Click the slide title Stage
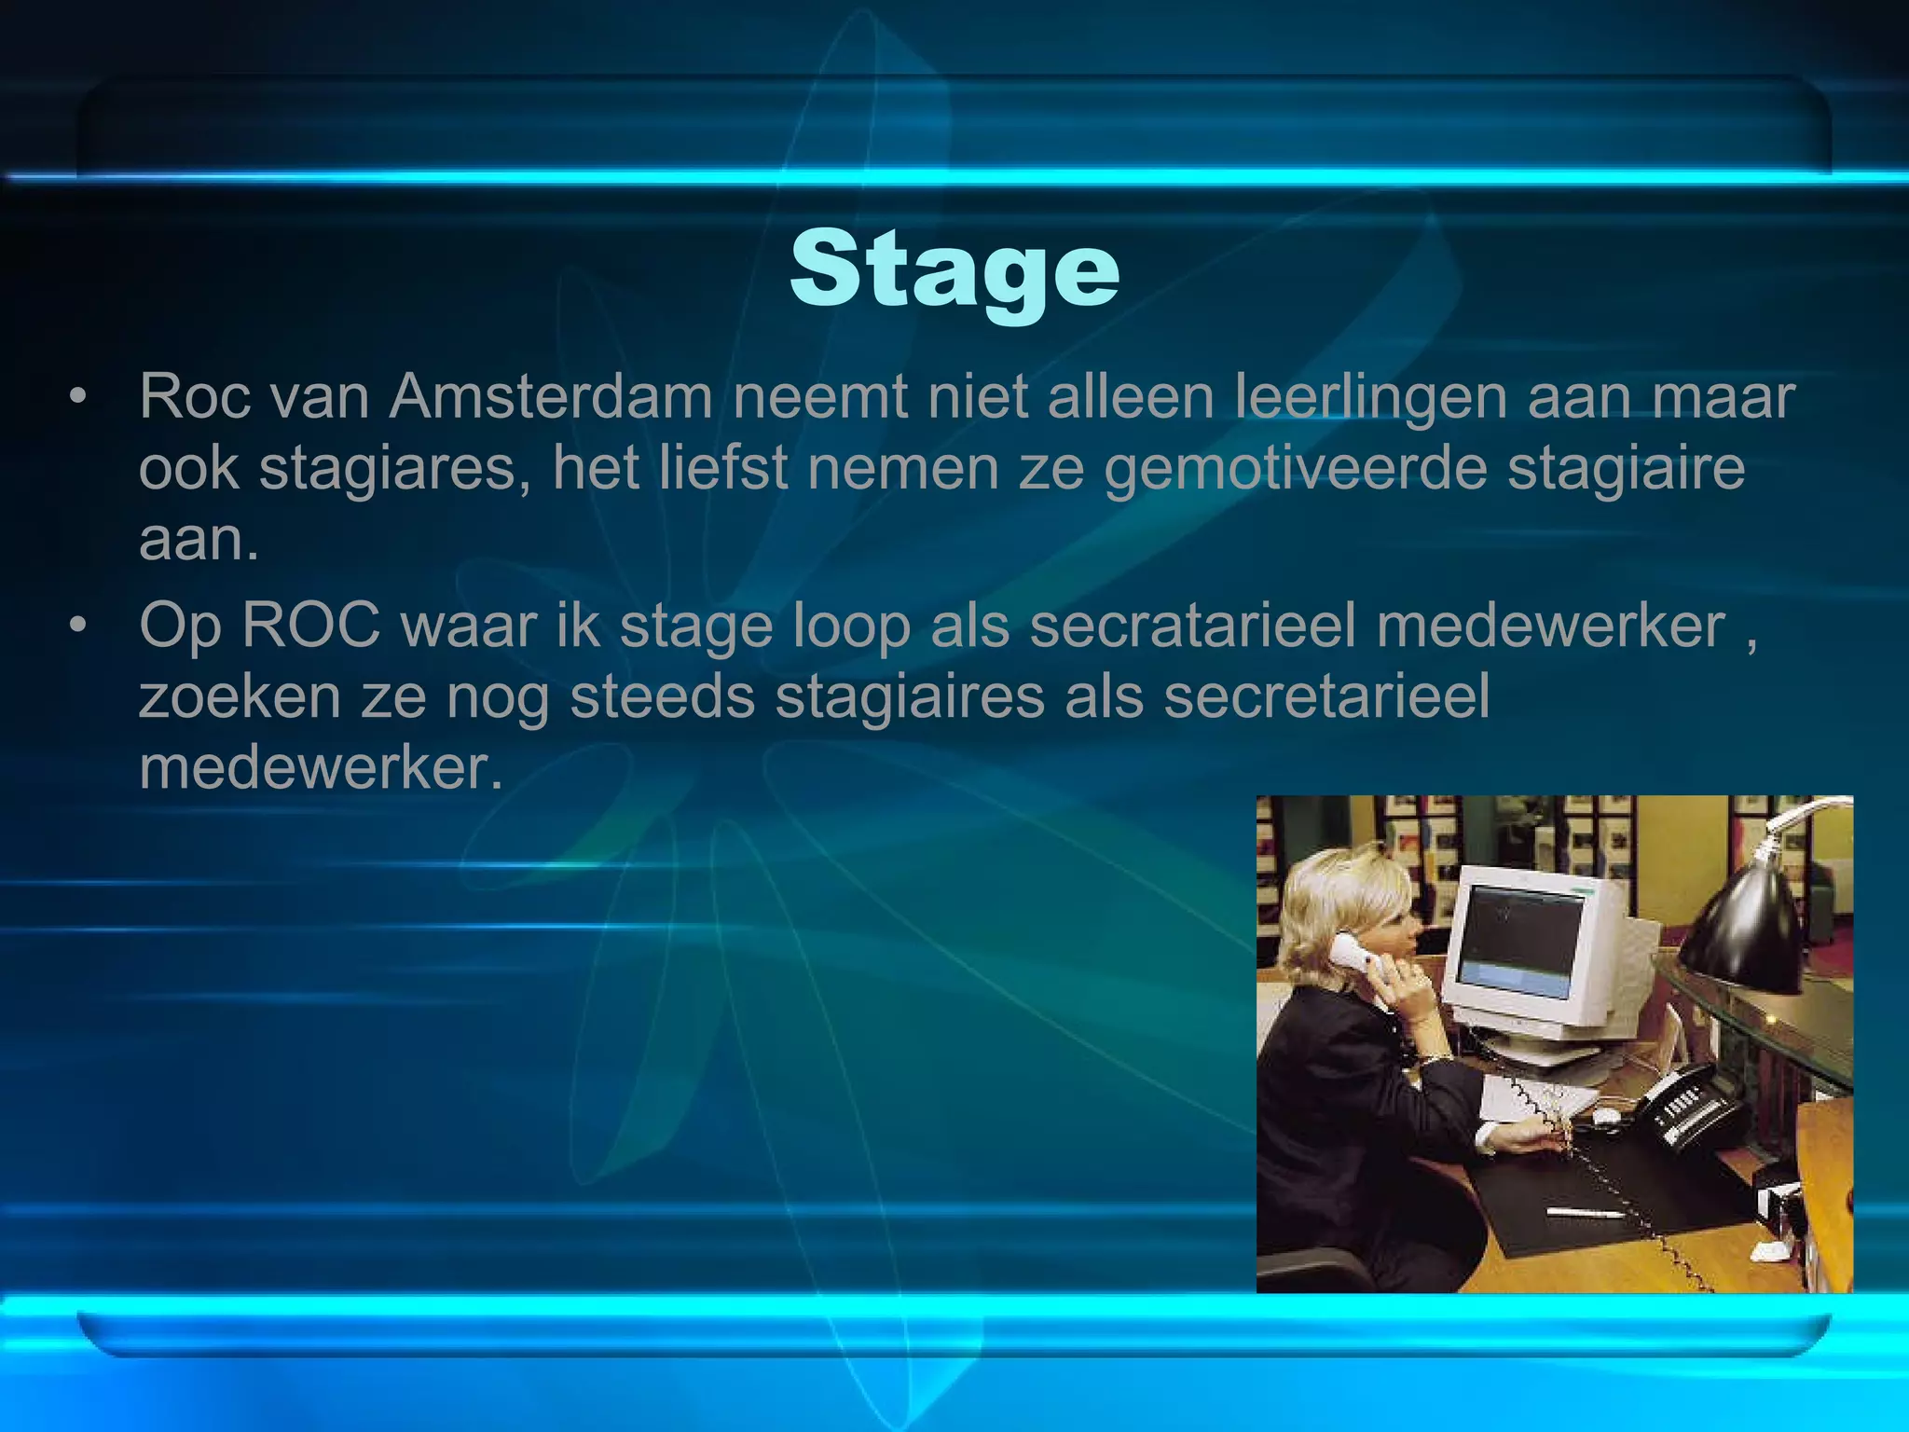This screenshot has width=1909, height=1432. [954, 270]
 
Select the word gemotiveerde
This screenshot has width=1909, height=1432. [1296, 468]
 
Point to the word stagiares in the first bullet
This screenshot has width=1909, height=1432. [386, 468]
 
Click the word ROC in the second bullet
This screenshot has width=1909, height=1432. [311, 626]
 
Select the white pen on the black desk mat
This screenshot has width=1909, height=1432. [1585, 1213]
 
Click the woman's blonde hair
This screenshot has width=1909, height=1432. [1324, 904]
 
